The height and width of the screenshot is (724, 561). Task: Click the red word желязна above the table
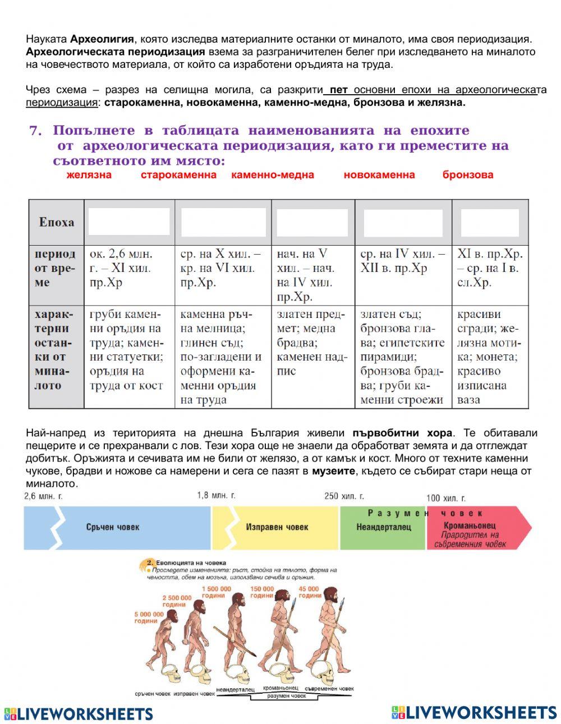[x=89, y=175]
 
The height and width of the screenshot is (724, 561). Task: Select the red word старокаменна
[x=178, y=175]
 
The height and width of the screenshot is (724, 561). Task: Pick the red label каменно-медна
[x=273, y=175]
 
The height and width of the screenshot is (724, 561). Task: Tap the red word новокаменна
[x=379, y=175]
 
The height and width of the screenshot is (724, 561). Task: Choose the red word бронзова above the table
[x=468, y=175]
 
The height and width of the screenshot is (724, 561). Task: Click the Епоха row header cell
[x=56, y=222]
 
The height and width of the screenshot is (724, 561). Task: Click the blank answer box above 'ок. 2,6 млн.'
[x=129, y=222]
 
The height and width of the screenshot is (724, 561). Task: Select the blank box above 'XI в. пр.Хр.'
[x=490, y=223]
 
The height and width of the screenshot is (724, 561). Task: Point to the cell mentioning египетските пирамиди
[x=403, y=356]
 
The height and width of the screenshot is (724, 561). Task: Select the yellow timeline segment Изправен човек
[x=276, y=527]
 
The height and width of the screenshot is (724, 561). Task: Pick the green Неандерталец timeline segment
[x=383, y=527]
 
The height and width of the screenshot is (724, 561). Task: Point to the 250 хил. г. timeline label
[x=344, y=496]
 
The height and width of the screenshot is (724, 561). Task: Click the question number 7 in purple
[x=36, y=131]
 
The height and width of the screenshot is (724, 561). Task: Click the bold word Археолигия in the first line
[x=102, y=39]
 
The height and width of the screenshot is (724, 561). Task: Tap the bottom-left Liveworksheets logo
[x=79, y=713]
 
